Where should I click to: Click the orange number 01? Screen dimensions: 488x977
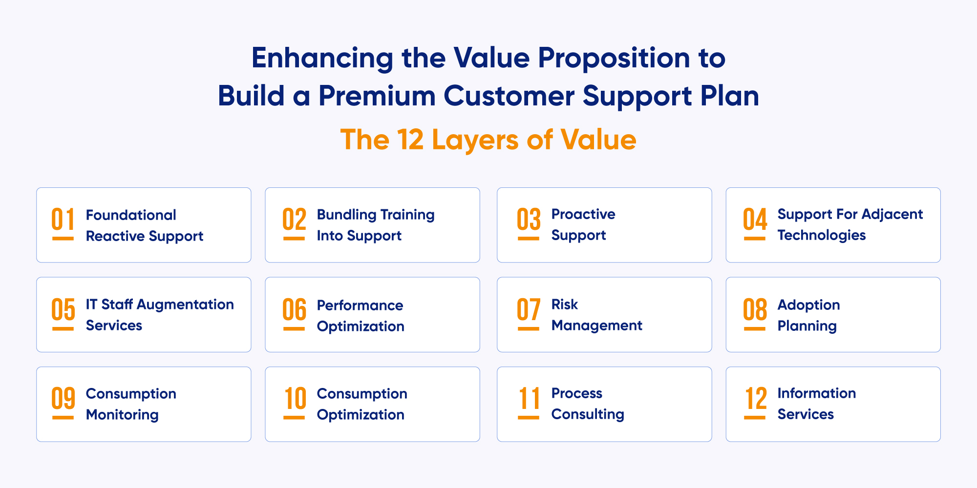[63, 219]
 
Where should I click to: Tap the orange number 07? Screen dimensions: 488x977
[529, 309]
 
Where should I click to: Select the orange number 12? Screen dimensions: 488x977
[755, 399]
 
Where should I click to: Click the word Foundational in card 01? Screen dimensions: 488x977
[131, 215]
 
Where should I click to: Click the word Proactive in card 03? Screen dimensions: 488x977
[583, 214]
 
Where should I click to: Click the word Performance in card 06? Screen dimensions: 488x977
[360, 305]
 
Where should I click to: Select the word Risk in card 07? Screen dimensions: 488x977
[565, 305]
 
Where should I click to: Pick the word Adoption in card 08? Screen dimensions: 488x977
[808, 305]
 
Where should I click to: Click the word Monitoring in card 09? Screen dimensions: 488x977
[122, 415]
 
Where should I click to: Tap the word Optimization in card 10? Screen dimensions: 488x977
[361, 415]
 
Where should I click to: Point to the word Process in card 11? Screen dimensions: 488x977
[576, 393]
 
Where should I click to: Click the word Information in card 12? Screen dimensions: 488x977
[816, 393]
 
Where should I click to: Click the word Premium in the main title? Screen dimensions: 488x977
[377, 96]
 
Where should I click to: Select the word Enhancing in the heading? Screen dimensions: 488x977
[322, 58]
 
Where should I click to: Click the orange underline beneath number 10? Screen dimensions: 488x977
[294, 418]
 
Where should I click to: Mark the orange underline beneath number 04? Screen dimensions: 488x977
[755, 239]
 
